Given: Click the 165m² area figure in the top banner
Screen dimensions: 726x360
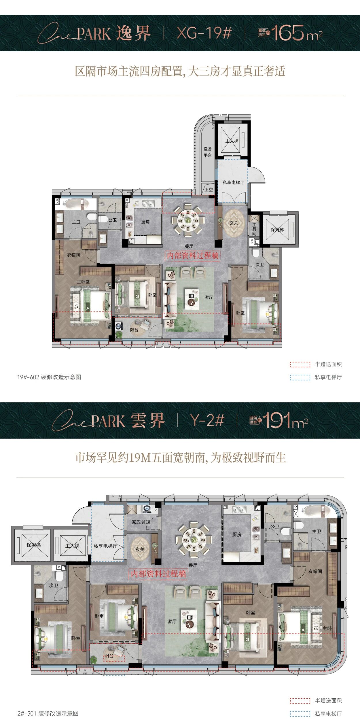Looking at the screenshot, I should [297, 33].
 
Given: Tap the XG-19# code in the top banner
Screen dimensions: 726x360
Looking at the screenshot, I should [204, 33].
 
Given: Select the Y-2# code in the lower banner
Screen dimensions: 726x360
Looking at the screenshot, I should [207, 420].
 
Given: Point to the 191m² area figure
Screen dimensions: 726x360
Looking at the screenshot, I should [285, 421].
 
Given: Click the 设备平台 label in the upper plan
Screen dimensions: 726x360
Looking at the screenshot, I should [208, 152].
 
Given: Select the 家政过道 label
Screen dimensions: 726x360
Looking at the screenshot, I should [141, 522].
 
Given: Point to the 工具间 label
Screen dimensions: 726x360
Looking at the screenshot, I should [254, 229].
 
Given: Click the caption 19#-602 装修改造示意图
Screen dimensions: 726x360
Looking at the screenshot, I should [49, 377].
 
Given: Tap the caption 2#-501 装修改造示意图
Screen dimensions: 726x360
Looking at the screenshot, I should [48, 713].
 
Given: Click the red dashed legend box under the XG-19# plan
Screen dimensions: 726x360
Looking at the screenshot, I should [300, 364].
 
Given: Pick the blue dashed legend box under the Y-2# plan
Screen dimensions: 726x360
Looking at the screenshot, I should [300, 714].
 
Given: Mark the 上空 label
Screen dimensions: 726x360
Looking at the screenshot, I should [209, 190].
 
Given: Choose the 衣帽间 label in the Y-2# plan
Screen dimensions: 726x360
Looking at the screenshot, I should [315, 571].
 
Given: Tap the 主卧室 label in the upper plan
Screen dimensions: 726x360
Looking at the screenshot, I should [83, 281].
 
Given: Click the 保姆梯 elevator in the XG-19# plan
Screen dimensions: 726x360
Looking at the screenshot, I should [277, 230].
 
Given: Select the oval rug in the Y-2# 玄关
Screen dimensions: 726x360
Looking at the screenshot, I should [140, 549].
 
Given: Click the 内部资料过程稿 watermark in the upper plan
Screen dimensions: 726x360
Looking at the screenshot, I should [192, 256].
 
